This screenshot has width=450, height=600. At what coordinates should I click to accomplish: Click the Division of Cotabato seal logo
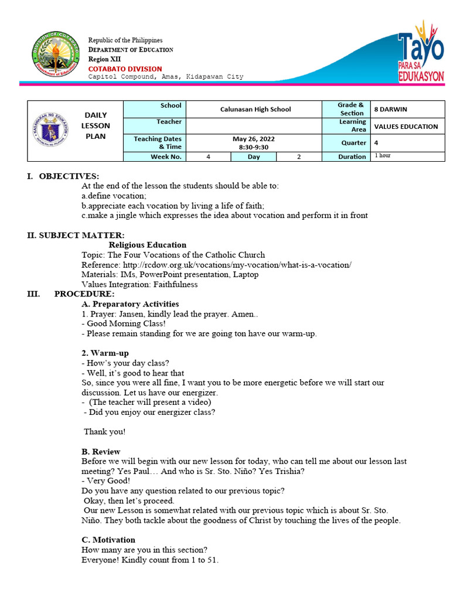(55, 56)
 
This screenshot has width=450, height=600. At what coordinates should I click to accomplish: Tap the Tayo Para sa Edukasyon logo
(420, 52)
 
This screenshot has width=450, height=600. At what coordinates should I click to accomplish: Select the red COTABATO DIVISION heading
(125, 69)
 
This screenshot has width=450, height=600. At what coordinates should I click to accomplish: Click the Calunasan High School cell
(255, 109)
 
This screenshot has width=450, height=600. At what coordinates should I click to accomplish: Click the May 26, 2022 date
(253, 139)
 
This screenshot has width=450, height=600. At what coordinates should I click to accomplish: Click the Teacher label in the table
(169, 122)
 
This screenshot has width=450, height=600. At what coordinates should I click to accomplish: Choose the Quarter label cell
(354, 142)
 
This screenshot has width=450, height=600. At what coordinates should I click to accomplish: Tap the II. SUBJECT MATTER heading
(76, 236)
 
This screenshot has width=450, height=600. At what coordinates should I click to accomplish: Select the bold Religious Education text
(148, 245)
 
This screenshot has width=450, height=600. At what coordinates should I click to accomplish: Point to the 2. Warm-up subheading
(105, 353)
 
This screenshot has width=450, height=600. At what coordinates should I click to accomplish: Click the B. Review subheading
(101, 452)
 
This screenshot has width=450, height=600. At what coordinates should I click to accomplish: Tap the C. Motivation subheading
(108, 540)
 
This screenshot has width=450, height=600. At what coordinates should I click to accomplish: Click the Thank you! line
(104, 432)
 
